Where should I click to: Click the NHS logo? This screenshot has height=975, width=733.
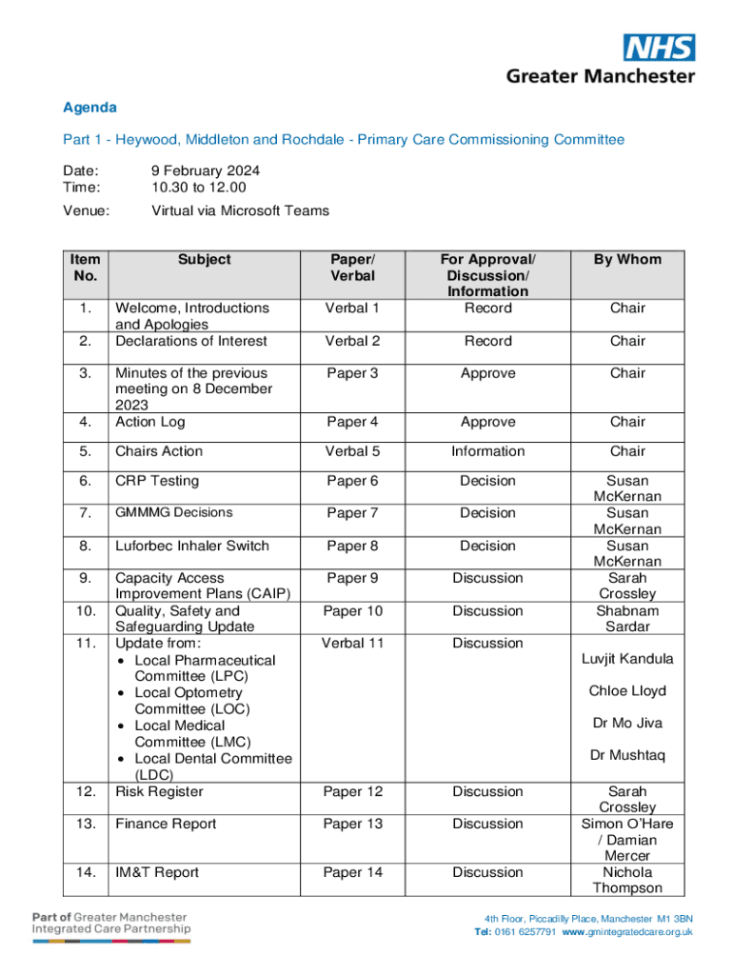point(659,48)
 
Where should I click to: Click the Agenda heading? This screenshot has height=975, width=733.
point(89,108)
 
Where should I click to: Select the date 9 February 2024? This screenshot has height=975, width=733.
point(206,170)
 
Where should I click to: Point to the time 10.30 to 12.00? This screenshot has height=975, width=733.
point(198,187)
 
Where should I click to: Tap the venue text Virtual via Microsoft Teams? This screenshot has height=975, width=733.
point(240,210)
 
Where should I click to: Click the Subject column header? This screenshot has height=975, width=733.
point(204,259)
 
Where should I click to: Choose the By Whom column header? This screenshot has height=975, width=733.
point(627,259)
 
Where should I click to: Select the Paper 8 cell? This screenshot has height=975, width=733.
point(352,546)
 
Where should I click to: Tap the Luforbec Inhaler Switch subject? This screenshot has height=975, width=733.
point(191,546)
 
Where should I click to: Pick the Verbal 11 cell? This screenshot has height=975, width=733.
point(352,643)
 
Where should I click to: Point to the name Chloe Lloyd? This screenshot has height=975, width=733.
point(627,690)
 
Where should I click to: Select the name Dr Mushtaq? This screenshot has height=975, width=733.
point(627,755)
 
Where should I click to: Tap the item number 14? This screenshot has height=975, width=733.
point(86,872)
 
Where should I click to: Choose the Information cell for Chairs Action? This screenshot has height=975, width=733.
point(488,451)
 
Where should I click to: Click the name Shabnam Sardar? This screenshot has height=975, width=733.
point(627,618)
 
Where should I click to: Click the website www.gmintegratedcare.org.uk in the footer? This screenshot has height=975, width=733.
point(627,932)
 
